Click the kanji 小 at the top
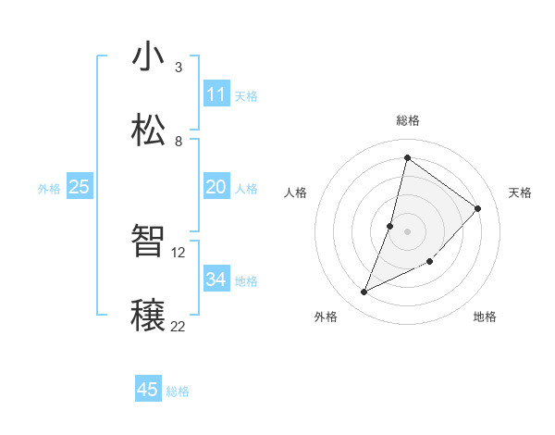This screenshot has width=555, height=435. pyautogui.click(x=148, y=57)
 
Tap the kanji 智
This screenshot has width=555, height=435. pyautogui.click(x=148, y=242)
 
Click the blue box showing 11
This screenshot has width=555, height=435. pyautogui.click(x=216, y=94)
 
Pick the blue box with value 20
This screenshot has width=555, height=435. pyautogui.click(x=216, y=187)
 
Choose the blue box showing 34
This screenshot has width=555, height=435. pyautogui.click(x=216, y=280)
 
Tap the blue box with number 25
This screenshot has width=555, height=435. pyautogui.click(x=79, y=187)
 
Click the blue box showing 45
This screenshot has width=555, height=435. pyautogui.click(x=147, y=390)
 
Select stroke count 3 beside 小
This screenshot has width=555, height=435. pyautogui.click(x=178, y=67)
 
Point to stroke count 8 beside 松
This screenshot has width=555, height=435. pyautogui.click(x=178, y=141)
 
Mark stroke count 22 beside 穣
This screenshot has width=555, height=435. pyautogui.click(x=179, y=325)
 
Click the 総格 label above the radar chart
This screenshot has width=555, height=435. pyautogui.click(x=407, y=120)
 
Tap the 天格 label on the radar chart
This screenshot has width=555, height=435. pyautogui.click(x=520, y=193)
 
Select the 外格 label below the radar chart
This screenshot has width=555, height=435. pyautogui.click(x=325, y=317)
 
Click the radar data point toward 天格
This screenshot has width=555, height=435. pyautogui.click(x=478, y=208)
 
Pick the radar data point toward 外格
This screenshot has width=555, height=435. pyautogui.click(x=364, y=292)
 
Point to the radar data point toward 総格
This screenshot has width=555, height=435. pyautogui.click(x=407, y=157)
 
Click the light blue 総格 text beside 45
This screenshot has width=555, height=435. pyautogui.click(x=178, y=391)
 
